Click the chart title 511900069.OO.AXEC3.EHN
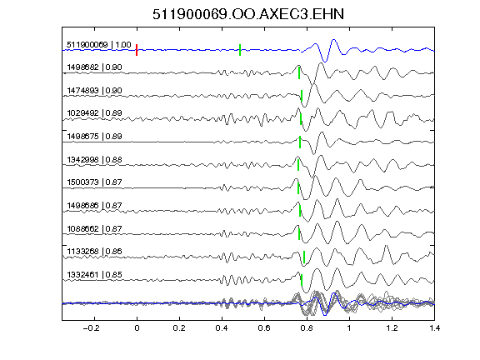point(248,14)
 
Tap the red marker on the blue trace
point(137,50)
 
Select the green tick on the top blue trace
point(240,50)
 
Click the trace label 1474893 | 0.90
point(95,91)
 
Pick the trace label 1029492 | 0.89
point(95,113)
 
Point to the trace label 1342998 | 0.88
point(95,160)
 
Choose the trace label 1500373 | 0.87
point(95,182)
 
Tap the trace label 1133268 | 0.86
point(95,252)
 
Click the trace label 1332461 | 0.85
point(95,275)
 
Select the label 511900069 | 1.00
point(99,45)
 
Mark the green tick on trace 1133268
point(304,257)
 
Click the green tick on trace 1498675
point(300,142)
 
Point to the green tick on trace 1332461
point(302,280)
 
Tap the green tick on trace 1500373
point(298,188)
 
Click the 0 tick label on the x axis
point(137,328)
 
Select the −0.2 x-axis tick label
point(91,328)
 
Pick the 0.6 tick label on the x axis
point(264,328)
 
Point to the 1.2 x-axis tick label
point(392,328)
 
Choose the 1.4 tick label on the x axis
point(434,328)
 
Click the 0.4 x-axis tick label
point(222,328)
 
